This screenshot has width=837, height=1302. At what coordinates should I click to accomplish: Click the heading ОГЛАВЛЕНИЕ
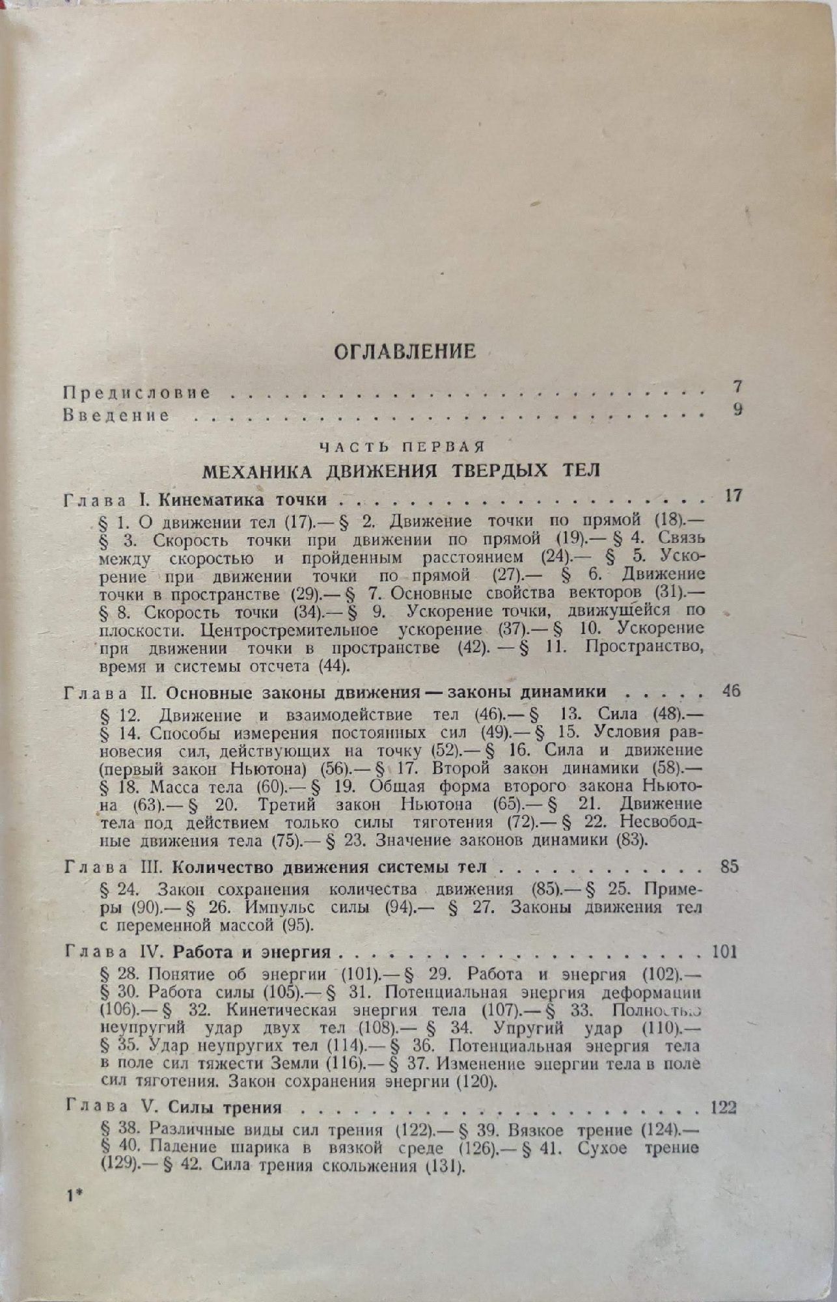404,352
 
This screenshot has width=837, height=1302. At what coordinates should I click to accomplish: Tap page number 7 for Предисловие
737,386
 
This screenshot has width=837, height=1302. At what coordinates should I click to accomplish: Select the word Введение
117,415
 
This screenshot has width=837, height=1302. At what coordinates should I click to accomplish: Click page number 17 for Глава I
733,496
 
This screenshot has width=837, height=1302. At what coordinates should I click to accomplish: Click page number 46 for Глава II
732,691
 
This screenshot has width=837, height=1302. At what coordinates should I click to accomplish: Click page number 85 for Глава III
730,868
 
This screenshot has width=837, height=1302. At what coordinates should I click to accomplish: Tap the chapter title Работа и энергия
253,952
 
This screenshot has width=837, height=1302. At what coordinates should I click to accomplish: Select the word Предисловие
137,393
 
